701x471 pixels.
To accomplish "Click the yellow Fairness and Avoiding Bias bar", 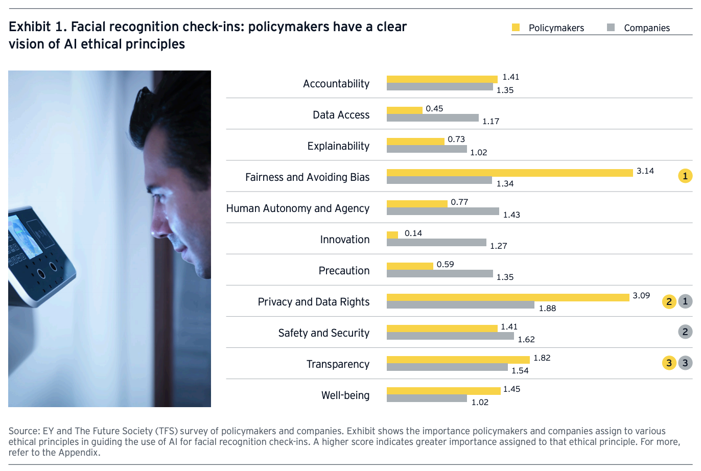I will pyautogui.click(x=509, y=173).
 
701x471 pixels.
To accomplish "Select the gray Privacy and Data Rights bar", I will pyautogui.click(x=460, y=305).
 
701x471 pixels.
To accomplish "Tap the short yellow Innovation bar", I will pyautogui.click(x=392, y=235).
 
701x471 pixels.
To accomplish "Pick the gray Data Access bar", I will pyautogui.click(x=432, y=118).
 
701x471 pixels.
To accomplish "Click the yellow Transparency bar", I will pyautogui.click(x=458, y=360).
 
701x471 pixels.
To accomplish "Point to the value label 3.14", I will pyautogui.click(x=645, y=171).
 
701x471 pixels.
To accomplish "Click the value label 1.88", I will pyautogui.click(x=547, y=308).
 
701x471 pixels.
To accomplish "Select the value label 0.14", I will pyautogui.click(x=413, y=233).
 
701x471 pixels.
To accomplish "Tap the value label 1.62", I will pyautogui.click(x=526, y=339).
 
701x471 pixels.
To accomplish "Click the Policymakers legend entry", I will pyautogui.click(x=555, y=28).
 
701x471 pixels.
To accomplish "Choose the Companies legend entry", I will pyautogui.click(x=646, y=28).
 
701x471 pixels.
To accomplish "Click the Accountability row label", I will pyautogui.click(x=336, y=84).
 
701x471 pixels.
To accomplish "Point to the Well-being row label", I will pyautogui.click(x=345, y=395).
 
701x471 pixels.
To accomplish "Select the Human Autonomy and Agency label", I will pyautogui.click(x=297, y=208).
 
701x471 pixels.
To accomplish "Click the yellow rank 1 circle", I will pyautogui.click(x=685, y=176).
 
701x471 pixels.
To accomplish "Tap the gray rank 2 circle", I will pyautogui.click(x=685, y=332).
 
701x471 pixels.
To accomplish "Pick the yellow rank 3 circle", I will pyautogui.click(x=669, y=363).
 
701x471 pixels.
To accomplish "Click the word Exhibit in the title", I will pyautogui.click(x=30, y=27).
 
